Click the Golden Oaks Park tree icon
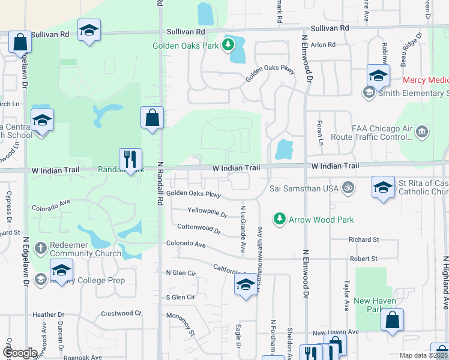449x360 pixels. tap(229, 45)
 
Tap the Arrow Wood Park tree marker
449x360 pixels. tap(279, 220)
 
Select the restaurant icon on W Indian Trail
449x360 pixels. tap(130, 160)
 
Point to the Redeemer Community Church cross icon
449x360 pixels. tap(41, 248)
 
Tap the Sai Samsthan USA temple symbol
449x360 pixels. tap(346, 188)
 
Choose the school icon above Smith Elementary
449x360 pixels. tap(378, 76)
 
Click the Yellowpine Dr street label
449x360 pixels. tap(207, 214)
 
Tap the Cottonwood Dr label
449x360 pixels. tap(199, 228)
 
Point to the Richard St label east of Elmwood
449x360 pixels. tap(364, 239)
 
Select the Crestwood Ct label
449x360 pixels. tap(121, 313)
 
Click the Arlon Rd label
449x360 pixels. tap(323, 45)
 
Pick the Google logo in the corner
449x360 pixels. tap(19, 353)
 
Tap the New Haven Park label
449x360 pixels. tap(369, 305)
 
